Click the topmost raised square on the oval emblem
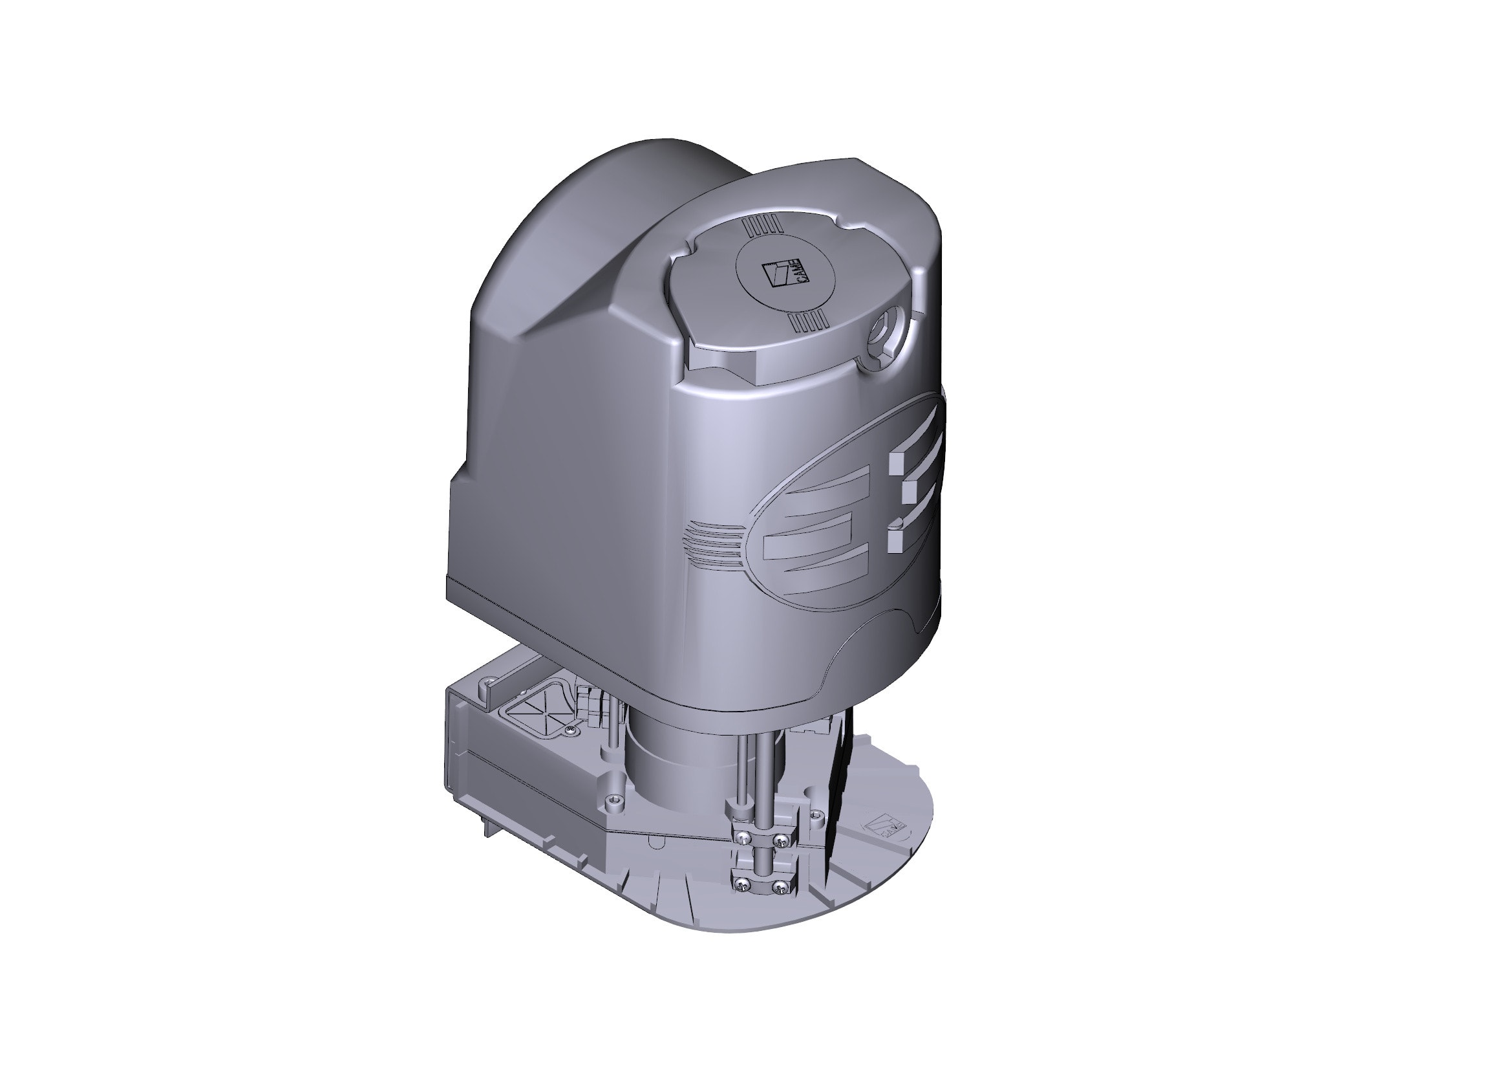pos(899,462)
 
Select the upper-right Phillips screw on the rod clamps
pos(782,840)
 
